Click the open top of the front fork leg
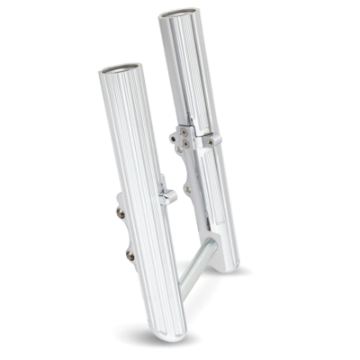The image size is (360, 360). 121,68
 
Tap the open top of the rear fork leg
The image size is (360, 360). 177,16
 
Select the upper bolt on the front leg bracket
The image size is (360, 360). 121,213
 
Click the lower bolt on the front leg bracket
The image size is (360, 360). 130,256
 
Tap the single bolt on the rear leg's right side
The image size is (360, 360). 210,140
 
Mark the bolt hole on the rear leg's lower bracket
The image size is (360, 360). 188,190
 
